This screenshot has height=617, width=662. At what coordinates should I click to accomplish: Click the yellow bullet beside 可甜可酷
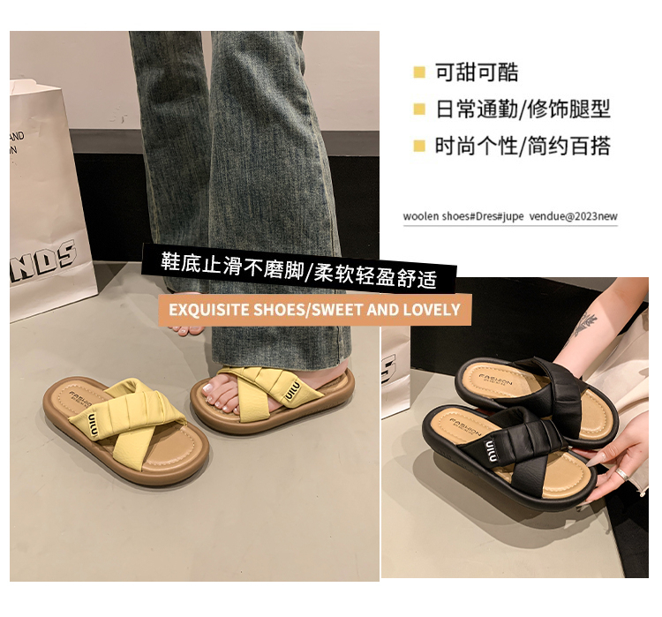click(418, 72)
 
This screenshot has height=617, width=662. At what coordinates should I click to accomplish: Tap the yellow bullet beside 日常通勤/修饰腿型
click(418, 109)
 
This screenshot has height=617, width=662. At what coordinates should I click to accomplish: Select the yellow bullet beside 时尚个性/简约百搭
click(418, 147)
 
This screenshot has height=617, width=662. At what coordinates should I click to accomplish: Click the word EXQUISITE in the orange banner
click(209, 310)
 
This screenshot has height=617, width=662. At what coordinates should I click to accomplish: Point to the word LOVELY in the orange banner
click(432, 310)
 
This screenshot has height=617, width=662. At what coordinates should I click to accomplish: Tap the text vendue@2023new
click(573, 216)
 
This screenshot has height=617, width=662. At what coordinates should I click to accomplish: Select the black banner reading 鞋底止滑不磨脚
click(299, 268)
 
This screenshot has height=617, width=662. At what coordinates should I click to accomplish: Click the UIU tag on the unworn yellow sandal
click(93, 425)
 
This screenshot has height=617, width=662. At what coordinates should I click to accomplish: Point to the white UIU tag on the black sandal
click(491, 450)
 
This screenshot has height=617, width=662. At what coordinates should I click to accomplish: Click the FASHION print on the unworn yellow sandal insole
click(80, 400)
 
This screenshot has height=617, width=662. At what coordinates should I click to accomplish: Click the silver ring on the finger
click(621, 473)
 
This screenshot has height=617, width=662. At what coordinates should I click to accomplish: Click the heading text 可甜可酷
click(477, 72)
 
